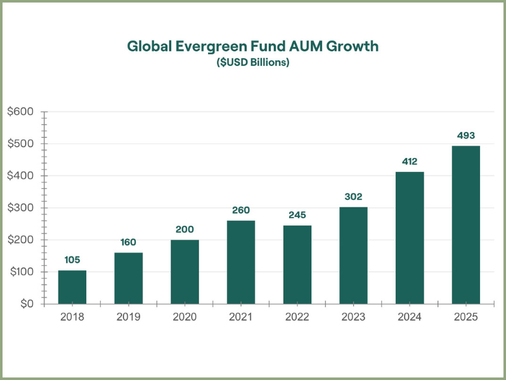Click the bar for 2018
click(x=72, y=287)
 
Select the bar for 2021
click(x=241, y=262)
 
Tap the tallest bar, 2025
click(x=465, y=225)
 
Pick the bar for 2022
click(x=297, y=265)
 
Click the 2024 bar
click(x=410, y=238)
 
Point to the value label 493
click(x=465, y=135)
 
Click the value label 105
click(x=72, y=259)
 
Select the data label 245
click(x=297, y=214)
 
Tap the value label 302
click(x=353, y=196)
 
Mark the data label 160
click(x=128, y=242)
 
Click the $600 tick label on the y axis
click(x=20, y=112)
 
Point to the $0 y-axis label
click(x=27, y=303)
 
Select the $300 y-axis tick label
click(x=20, y=207)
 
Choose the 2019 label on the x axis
click(x=129, y=317)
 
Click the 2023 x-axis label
click(x=353, y=317)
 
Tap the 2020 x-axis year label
click(x=185, y=317)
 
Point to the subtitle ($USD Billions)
click(x=253, y=62)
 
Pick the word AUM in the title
click(x=306, y=46)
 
